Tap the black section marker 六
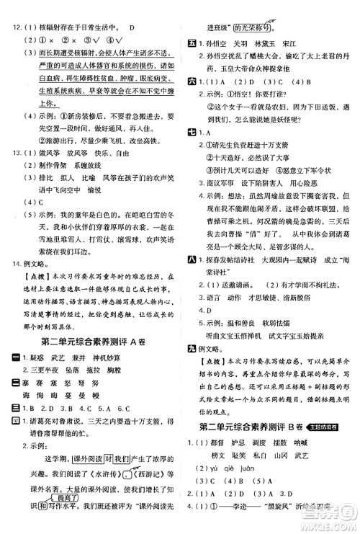[x=191, y=81]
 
